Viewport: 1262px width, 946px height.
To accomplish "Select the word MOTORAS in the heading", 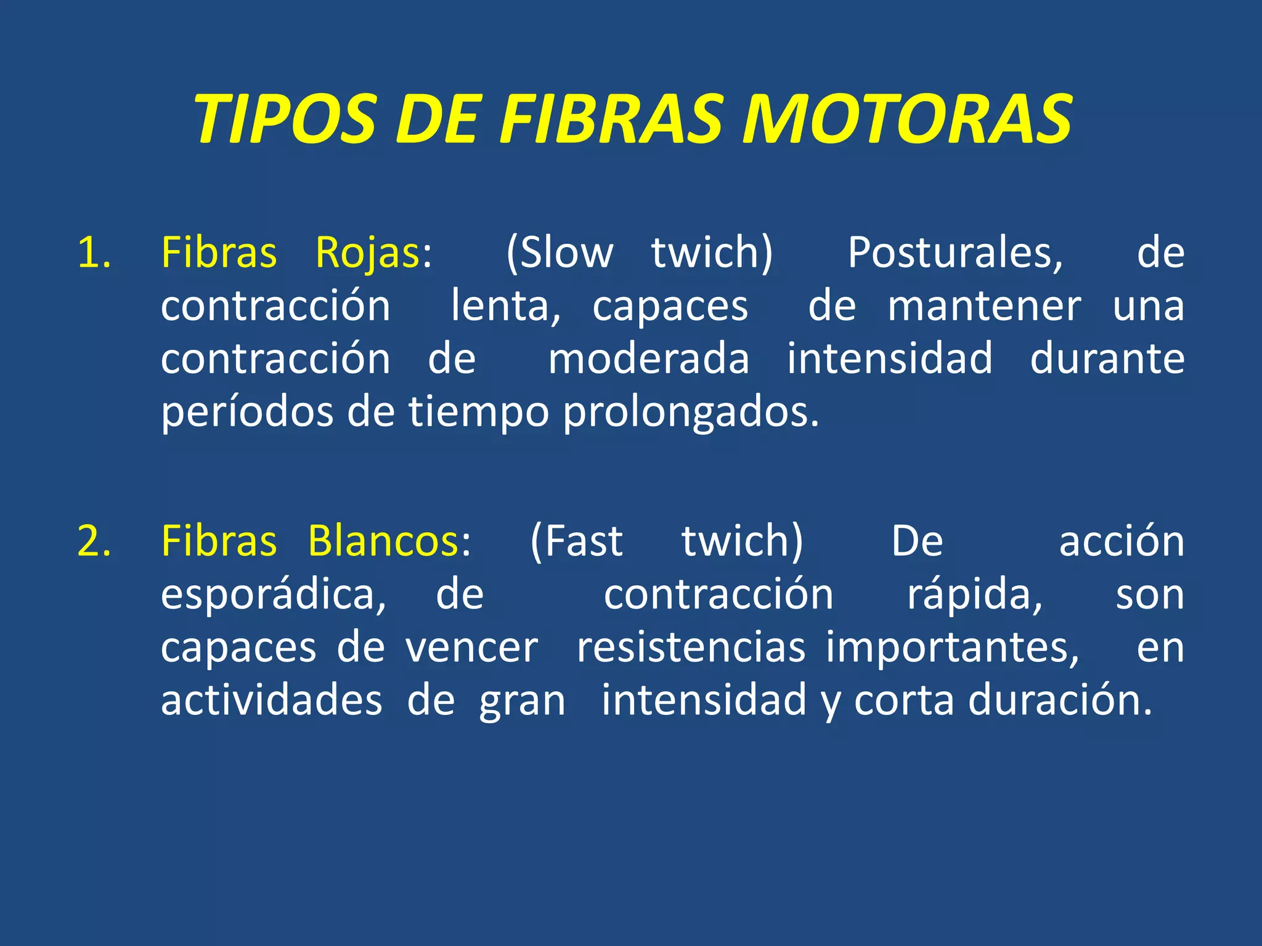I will tap(907, 119).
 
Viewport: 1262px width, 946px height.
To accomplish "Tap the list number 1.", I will tap(94, 253).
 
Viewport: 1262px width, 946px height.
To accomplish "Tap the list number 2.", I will tap(94, 541).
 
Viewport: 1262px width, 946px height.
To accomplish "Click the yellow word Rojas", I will tap(368, 253).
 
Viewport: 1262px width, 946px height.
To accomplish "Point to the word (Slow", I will tap(560, 253).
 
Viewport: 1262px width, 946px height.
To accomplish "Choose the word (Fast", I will tap(577, 541).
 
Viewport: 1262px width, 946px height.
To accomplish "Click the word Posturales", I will tap(955, 253).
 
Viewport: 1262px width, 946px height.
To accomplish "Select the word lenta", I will tap(505, 306).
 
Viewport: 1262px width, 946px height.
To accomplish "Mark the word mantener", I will tap(984, 306).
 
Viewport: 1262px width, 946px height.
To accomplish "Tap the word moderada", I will tap(648, 359).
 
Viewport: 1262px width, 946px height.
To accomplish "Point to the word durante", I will tap(1107, 359).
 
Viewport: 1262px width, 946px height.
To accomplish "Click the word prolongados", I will tap(691, 412).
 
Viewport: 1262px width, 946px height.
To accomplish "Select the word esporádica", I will tap(274, 595).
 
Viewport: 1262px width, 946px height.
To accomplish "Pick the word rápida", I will tap(975, 595).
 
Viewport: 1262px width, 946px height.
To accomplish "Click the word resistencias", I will tap(691, 648).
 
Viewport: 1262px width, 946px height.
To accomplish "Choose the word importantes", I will tap(953, 648).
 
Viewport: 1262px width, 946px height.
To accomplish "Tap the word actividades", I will tap(271, 701).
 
